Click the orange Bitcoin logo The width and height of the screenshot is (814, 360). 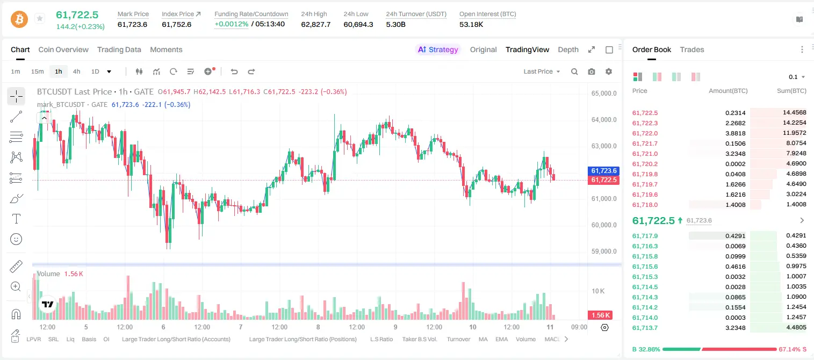tap(19, 19)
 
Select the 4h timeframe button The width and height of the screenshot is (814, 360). tap(76, 71)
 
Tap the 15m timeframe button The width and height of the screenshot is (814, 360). tap(37, 71)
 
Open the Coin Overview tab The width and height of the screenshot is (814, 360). tap(63, 49)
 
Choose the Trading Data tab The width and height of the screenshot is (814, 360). tap(119, 49)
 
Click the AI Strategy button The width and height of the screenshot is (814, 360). tap(438, 49)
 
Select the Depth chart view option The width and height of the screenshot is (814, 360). tap(568, 49)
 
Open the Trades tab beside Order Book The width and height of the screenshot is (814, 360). tap(692, 49)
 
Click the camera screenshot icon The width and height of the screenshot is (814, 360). tap(592, 71)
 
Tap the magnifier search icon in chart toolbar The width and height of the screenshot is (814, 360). tap(574, 71)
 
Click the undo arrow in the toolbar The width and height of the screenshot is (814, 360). tap(234, 71)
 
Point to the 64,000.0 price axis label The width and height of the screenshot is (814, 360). tap(604, 119)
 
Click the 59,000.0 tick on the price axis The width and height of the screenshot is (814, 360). tap(604, 251)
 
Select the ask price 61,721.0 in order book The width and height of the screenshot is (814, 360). tap(645, 154)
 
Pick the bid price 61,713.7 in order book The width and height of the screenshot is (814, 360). tap(645, 328)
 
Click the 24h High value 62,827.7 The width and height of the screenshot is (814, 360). tap(316, 24)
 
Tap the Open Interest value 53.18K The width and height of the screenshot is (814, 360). tap(471, 24)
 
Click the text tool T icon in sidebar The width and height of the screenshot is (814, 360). tap(16, 219)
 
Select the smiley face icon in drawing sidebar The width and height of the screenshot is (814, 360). tap(16, 239)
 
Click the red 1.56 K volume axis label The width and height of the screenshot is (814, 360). tap(600, 315)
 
